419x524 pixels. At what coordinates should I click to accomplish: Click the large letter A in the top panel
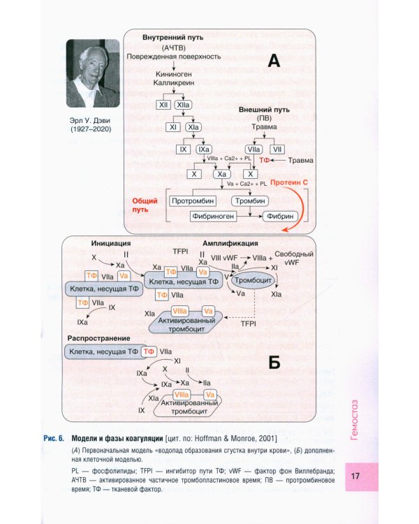[274, 61]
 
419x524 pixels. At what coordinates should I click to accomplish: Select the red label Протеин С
[290, 181]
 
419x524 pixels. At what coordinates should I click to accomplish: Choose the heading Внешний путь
[264, 110]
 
